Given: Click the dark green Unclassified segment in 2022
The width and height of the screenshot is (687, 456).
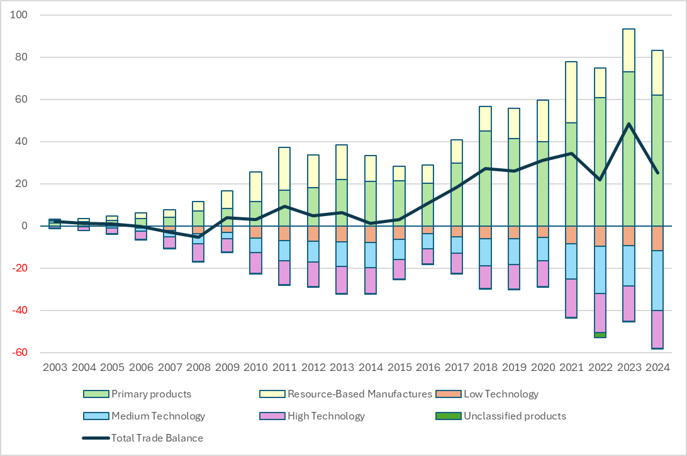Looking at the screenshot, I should [600, 335].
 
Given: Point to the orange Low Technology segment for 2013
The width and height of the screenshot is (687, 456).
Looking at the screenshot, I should [342, 234].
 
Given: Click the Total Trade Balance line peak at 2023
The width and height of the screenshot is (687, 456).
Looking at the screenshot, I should [628, 123].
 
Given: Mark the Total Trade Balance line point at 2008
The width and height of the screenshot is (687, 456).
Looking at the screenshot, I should [198, 237].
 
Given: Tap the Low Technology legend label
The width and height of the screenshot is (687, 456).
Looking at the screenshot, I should [500, 394].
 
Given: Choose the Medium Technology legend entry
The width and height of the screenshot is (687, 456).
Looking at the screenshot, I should [157, 416].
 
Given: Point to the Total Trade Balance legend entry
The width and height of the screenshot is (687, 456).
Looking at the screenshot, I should [157, 438].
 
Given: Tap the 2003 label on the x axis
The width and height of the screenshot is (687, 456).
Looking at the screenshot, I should [55, 367].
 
